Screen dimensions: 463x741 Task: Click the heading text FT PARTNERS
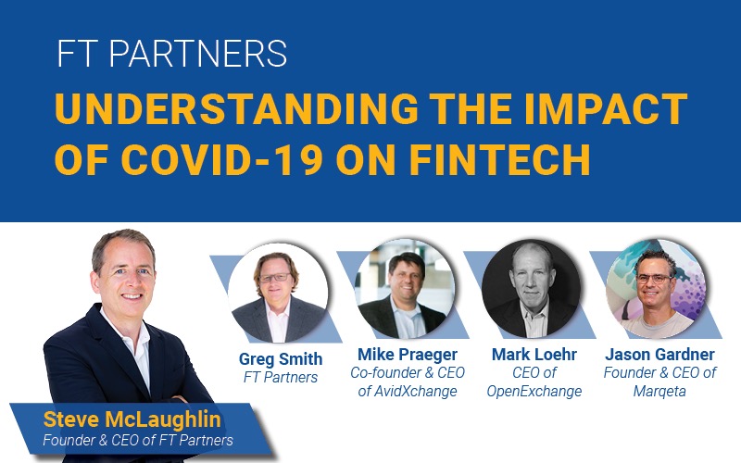[171, 55]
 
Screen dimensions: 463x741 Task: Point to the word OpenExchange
[534, 391]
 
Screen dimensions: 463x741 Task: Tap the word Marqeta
[660, 391]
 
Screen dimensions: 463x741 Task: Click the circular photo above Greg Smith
[278, 293]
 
